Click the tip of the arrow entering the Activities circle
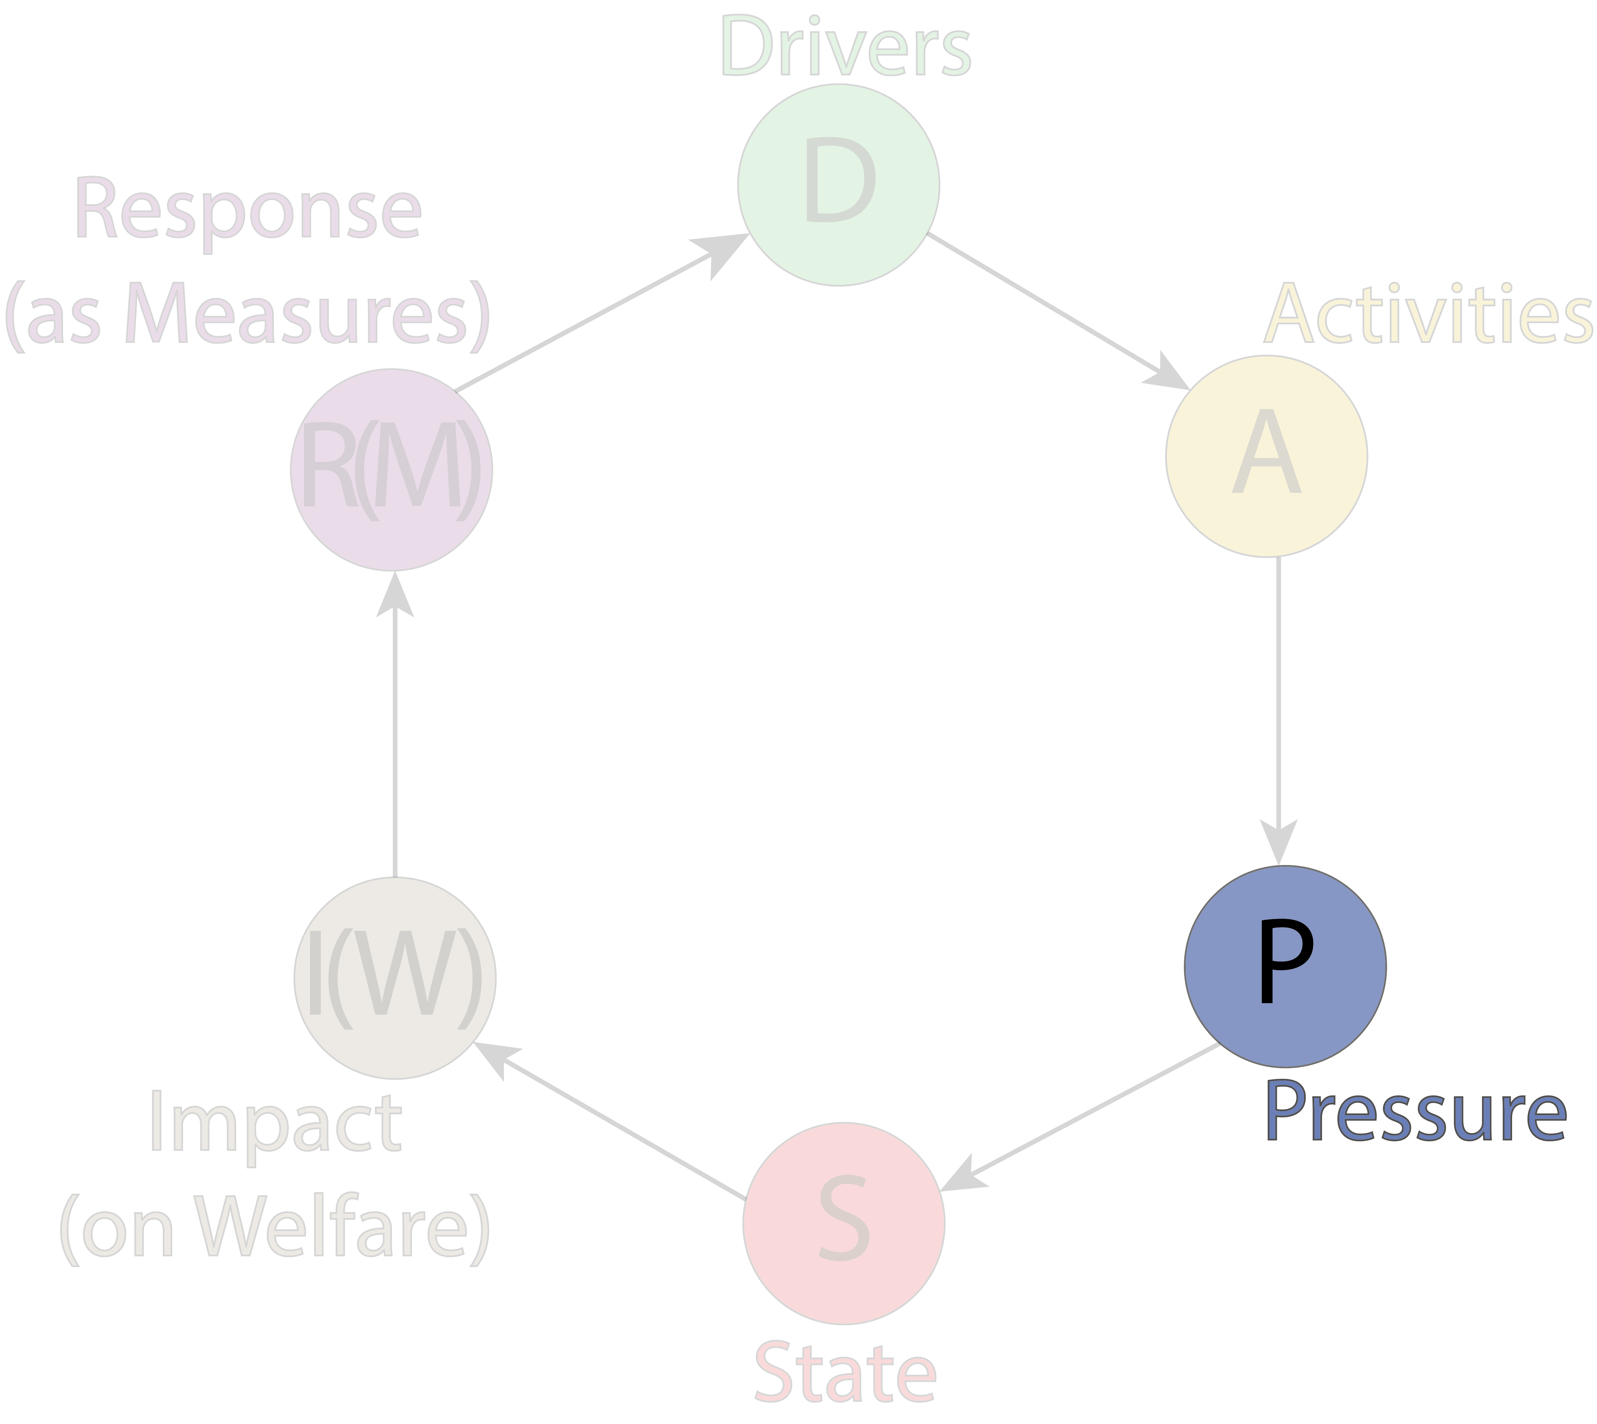pos(1190,389)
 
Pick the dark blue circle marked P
pos(1285,966)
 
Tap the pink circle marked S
pos(844,1224)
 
